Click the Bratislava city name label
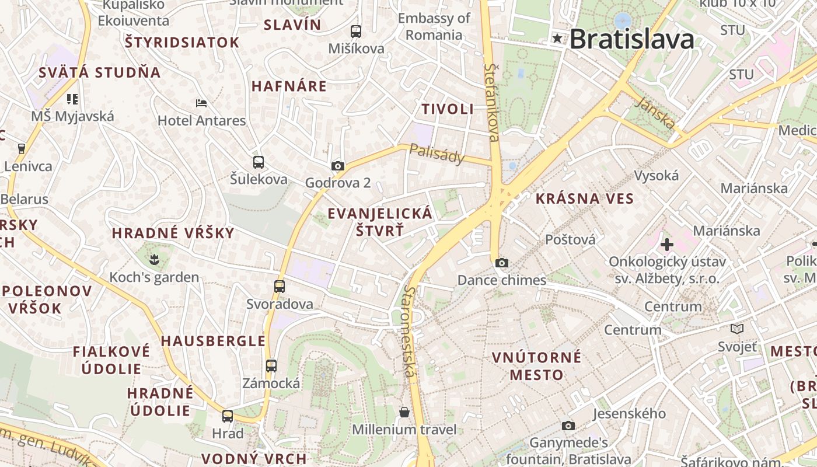coord(632,39)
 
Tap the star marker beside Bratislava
coord(558,39)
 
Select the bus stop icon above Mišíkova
coord(356,32)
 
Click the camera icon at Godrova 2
coord(337,166)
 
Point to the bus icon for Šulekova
coord(259,162)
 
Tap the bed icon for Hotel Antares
coord(201,103)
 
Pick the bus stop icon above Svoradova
coord(280,287)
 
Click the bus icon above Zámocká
coord(271,366)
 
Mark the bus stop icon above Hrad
coord(228,416)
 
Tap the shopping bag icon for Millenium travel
coord(404,413)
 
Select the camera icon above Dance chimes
coord(502,263)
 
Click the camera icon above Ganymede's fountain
coord(568,426)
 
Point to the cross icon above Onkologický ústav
coord(667,244)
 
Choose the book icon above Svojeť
coord(737,329)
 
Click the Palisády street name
coord(437,154)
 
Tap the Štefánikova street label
coord(492,103)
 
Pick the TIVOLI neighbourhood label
coord(448,109)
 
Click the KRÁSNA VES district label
coord(585,198)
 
